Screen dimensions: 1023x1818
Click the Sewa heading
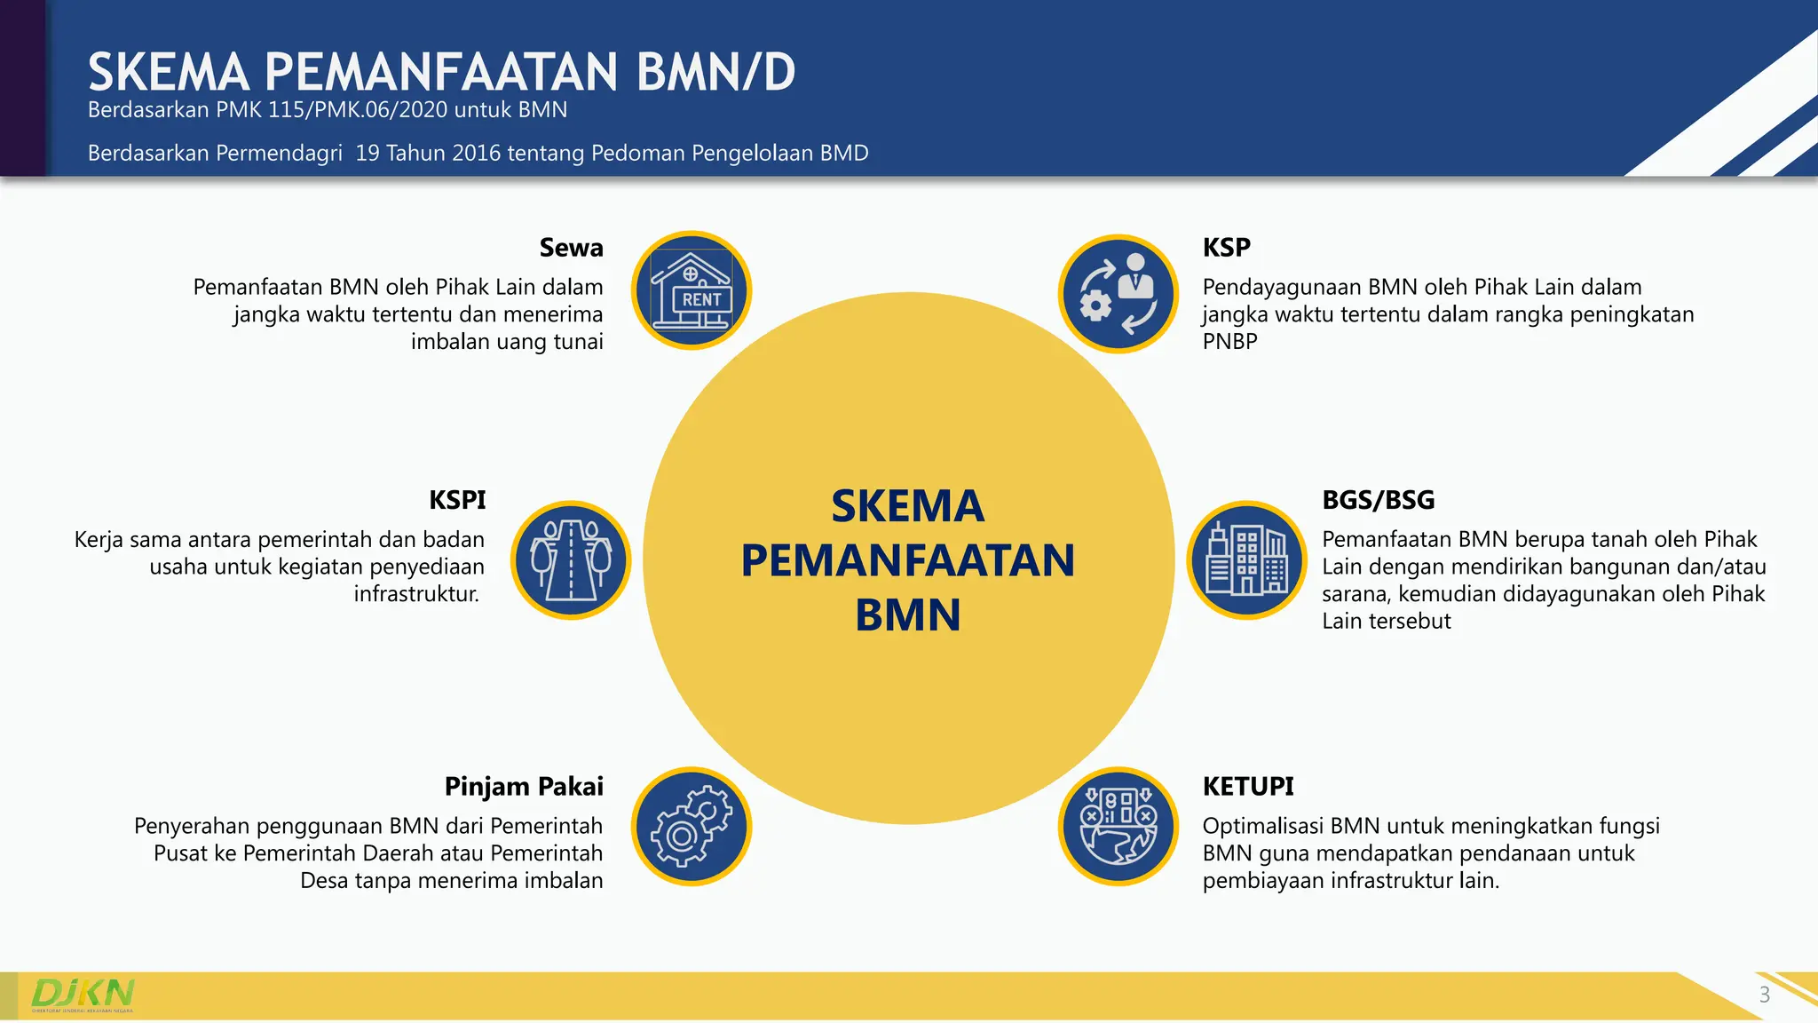[x=571, y=248]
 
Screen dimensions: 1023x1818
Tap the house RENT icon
[x=692, y=291]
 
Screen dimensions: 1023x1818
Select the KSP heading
[x=1226, y=248]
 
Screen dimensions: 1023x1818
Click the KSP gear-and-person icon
[x=1118, y=294]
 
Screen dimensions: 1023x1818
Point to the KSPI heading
[x=457, y=500]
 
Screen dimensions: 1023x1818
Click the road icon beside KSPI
[x=571, y=560]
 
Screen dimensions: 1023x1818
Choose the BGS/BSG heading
[x=1378, y=500]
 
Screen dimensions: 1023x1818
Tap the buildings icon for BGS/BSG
[x=1246, y=560]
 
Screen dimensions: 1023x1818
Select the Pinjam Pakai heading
[x=524, y=787]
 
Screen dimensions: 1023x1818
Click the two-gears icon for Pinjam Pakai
[x=692, y=827]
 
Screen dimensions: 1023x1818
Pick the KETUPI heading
[x=1247, y=787]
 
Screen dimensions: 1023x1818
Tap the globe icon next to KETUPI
[x=1118, y=827]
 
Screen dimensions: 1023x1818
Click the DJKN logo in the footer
[x=83, y=994]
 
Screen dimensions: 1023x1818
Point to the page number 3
[x=1765, y=995]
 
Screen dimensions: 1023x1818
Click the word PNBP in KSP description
[x=1229, y=342]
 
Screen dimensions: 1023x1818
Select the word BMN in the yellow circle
[x=907, y=615]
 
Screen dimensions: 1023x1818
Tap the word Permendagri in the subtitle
[x=278, y=154]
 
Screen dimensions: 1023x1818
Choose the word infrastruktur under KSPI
[x=415, y=594]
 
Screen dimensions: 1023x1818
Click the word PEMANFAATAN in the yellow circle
[x=907, y=561]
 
